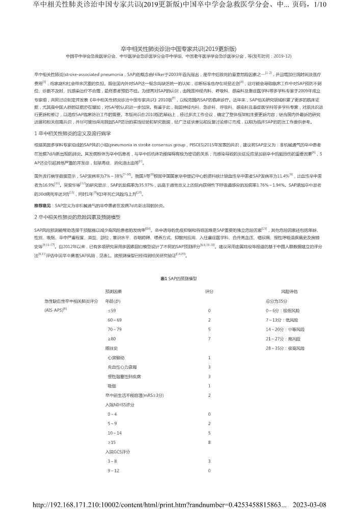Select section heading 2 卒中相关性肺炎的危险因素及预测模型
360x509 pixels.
(76, 217)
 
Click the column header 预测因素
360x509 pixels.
(113, 291)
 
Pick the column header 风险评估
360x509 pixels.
(289, 291)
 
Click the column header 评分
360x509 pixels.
(209, 291)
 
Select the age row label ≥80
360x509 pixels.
(112, 338)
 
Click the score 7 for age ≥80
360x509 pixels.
(209, 338)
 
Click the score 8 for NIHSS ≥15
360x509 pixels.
(209, 442)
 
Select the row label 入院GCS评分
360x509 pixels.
(118, 452)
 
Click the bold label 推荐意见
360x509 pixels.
(43, 205)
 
